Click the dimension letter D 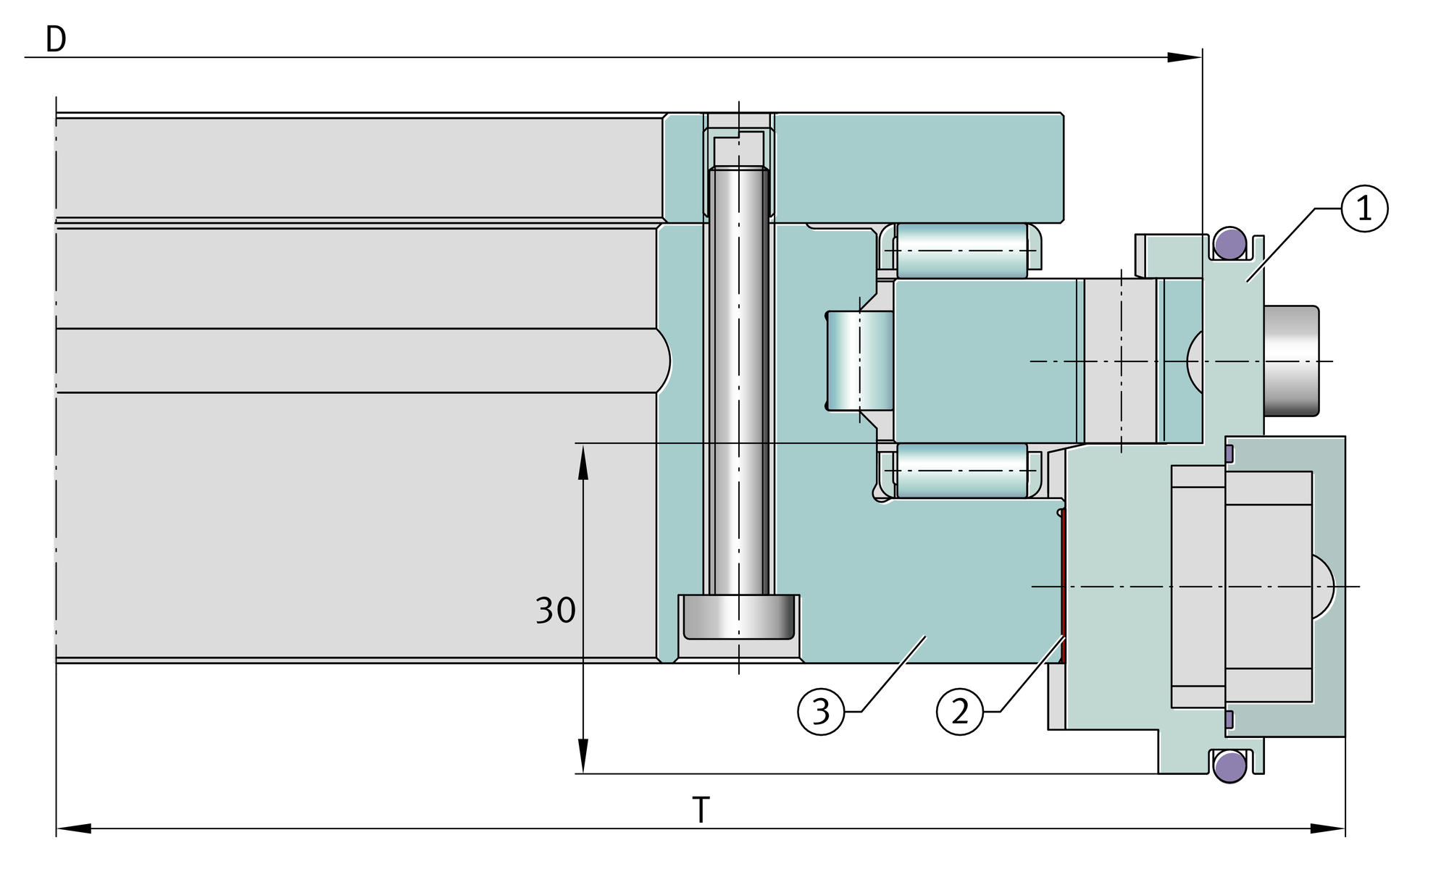[56, 40]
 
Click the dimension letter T [701, 810]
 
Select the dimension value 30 [556, 610]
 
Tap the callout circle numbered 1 [1364, 209]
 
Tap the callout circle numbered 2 [960, 712]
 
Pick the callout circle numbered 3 [821, 712]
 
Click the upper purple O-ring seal [1230, 243]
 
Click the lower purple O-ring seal [1230, 766]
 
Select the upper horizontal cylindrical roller [962, 251]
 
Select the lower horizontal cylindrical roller [962, 471]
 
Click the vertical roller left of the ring [860, 361]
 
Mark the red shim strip [1062, 587]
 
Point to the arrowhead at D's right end [1185, 57]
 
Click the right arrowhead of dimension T [1328, 828]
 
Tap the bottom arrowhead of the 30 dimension [582, 757]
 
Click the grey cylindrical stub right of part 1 [1291, 361]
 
